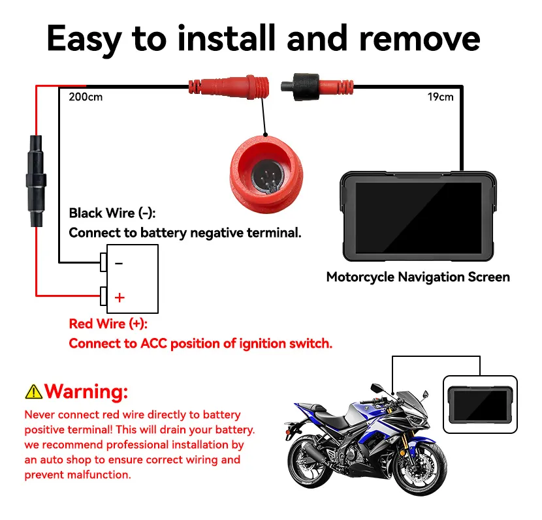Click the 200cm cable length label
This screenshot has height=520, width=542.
coord(86,97)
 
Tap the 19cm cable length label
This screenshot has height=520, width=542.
coord(440,97)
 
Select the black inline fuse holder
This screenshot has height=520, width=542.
coord(36,181)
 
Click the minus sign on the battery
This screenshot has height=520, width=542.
coord(119,264)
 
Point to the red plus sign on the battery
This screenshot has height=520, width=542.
coord(120,298)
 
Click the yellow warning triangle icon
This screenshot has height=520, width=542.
coord(33,392)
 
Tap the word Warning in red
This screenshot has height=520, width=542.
coord(86,391)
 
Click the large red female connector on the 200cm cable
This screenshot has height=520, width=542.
coord(229,86)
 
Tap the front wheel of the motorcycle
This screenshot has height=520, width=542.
coord(419,468)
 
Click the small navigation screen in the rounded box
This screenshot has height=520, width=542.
coord(480,405)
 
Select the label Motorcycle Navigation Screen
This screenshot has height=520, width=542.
coord(418,277)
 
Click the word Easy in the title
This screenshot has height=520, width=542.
coord(84,39)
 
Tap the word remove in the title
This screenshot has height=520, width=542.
coord(420,39)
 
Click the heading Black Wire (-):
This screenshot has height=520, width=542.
coord(112,213)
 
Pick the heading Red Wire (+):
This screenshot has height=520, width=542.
coord(108,324)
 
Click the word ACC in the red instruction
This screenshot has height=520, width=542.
coord(153,344)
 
